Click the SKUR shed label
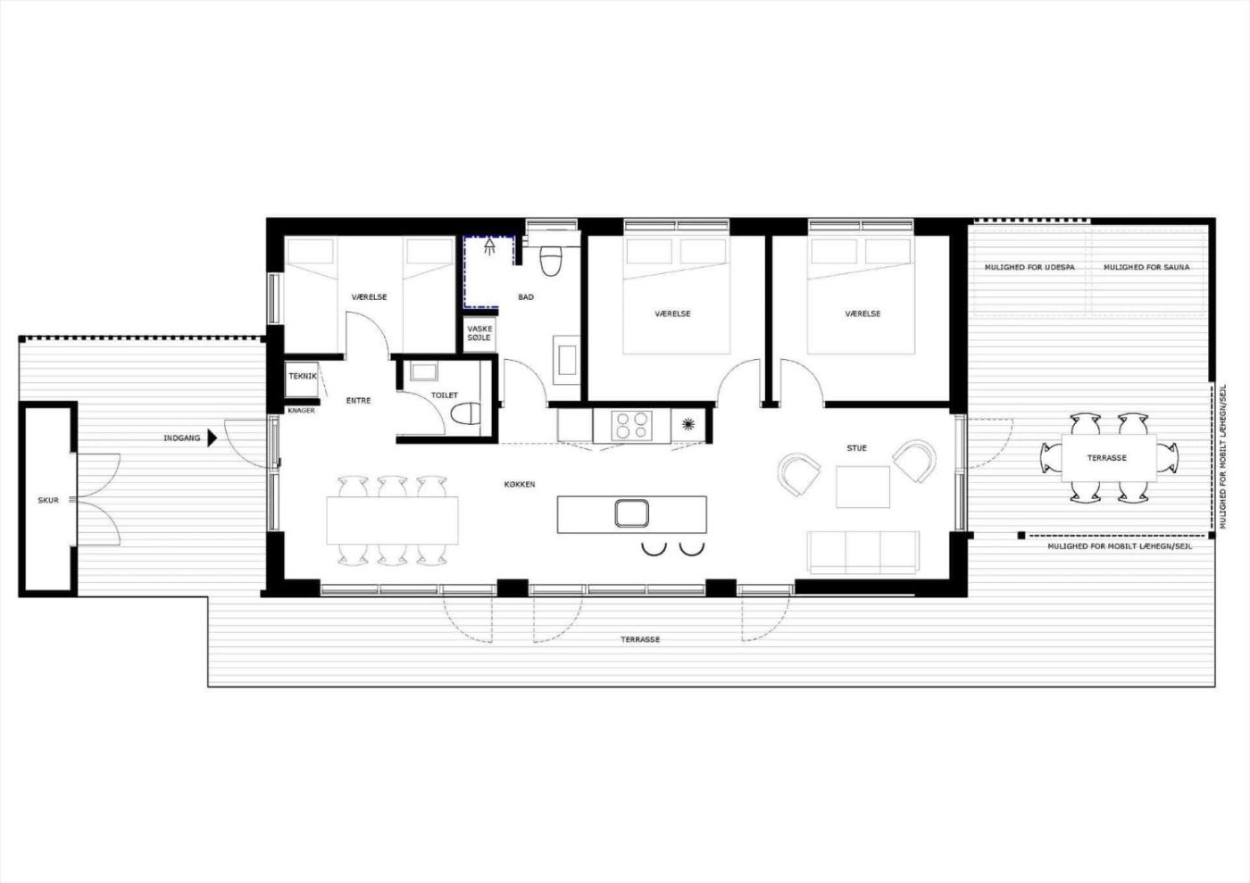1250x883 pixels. click(x=48, y=500)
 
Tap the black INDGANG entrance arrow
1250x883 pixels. click(x=212, y=438)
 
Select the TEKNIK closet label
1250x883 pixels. click(x=303, y=376)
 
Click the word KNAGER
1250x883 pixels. click(x=302, y=411)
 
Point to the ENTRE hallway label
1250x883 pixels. click(x=358, y=400)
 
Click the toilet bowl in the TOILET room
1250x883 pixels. click(x=465, y=414)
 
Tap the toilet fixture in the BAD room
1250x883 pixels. click(x=551, y=262)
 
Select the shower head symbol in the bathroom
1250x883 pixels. click(x=489, y=246)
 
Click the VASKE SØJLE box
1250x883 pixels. click(x=480, y=334)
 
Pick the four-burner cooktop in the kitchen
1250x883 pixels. click(x=632, y=425)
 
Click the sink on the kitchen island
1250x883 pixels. click(x=632, y=513)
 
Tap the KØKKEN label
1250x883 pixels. click(x=520, y=485)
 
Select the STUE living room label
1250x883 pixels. click(x=856, y=447)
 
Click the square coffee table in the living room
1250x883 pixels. click(x=862, y=487)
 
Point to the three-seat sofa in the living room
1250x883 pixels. click(x=862, y=553)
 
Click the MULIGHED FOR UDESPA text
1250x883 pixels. click(x=1029, y=267)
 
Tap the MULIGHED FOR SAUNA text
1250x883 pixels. click(x=1146, y=267)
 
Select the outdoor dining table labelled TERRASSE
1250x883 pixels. click(x=1109, y=458)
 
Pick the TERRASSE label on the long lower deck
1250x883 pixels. click(x=640, y=639)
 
